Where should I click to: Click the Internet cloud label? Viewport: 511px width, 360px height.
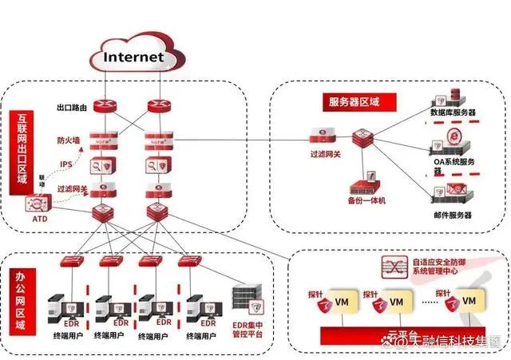pos(134,57)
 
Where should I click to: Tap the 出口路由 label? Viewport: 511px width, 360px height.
pos(72,106)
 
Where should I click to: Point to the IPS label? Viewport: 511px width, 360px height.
pos(67,165)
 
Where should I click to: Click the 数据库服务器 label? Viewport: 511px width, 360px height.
pos(454,113)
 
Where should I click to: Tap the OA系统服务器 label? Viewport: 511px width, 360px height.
pos(454,163)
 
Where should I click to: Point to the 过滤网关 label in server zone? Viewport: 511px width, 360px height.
pos(325,153)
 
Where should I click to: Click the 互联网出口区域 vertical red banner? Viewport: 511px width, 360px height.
pos(20,152)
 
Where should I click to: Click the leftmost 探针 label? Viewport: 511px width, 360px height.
pos(314,295)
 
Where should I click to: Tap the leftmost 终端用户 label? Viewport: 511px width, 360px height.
pos(68,336)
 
